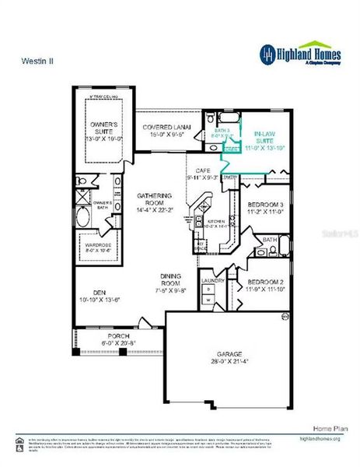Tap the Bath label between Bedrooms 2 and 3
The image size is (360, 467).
point(270,241)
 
